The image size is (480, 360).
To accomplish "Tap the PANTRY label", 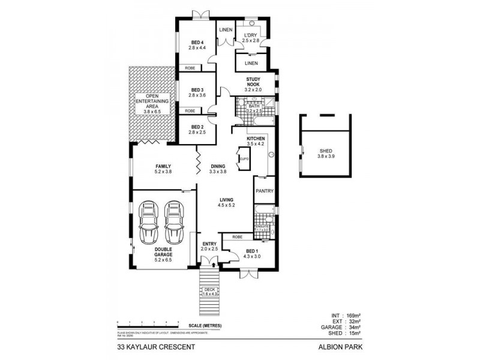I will tap(264, 191).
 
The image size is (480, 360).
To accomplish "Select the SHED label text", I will tap(326, 152).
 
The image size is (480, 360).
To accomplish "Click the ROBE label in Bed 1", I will tap(237, 237).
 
